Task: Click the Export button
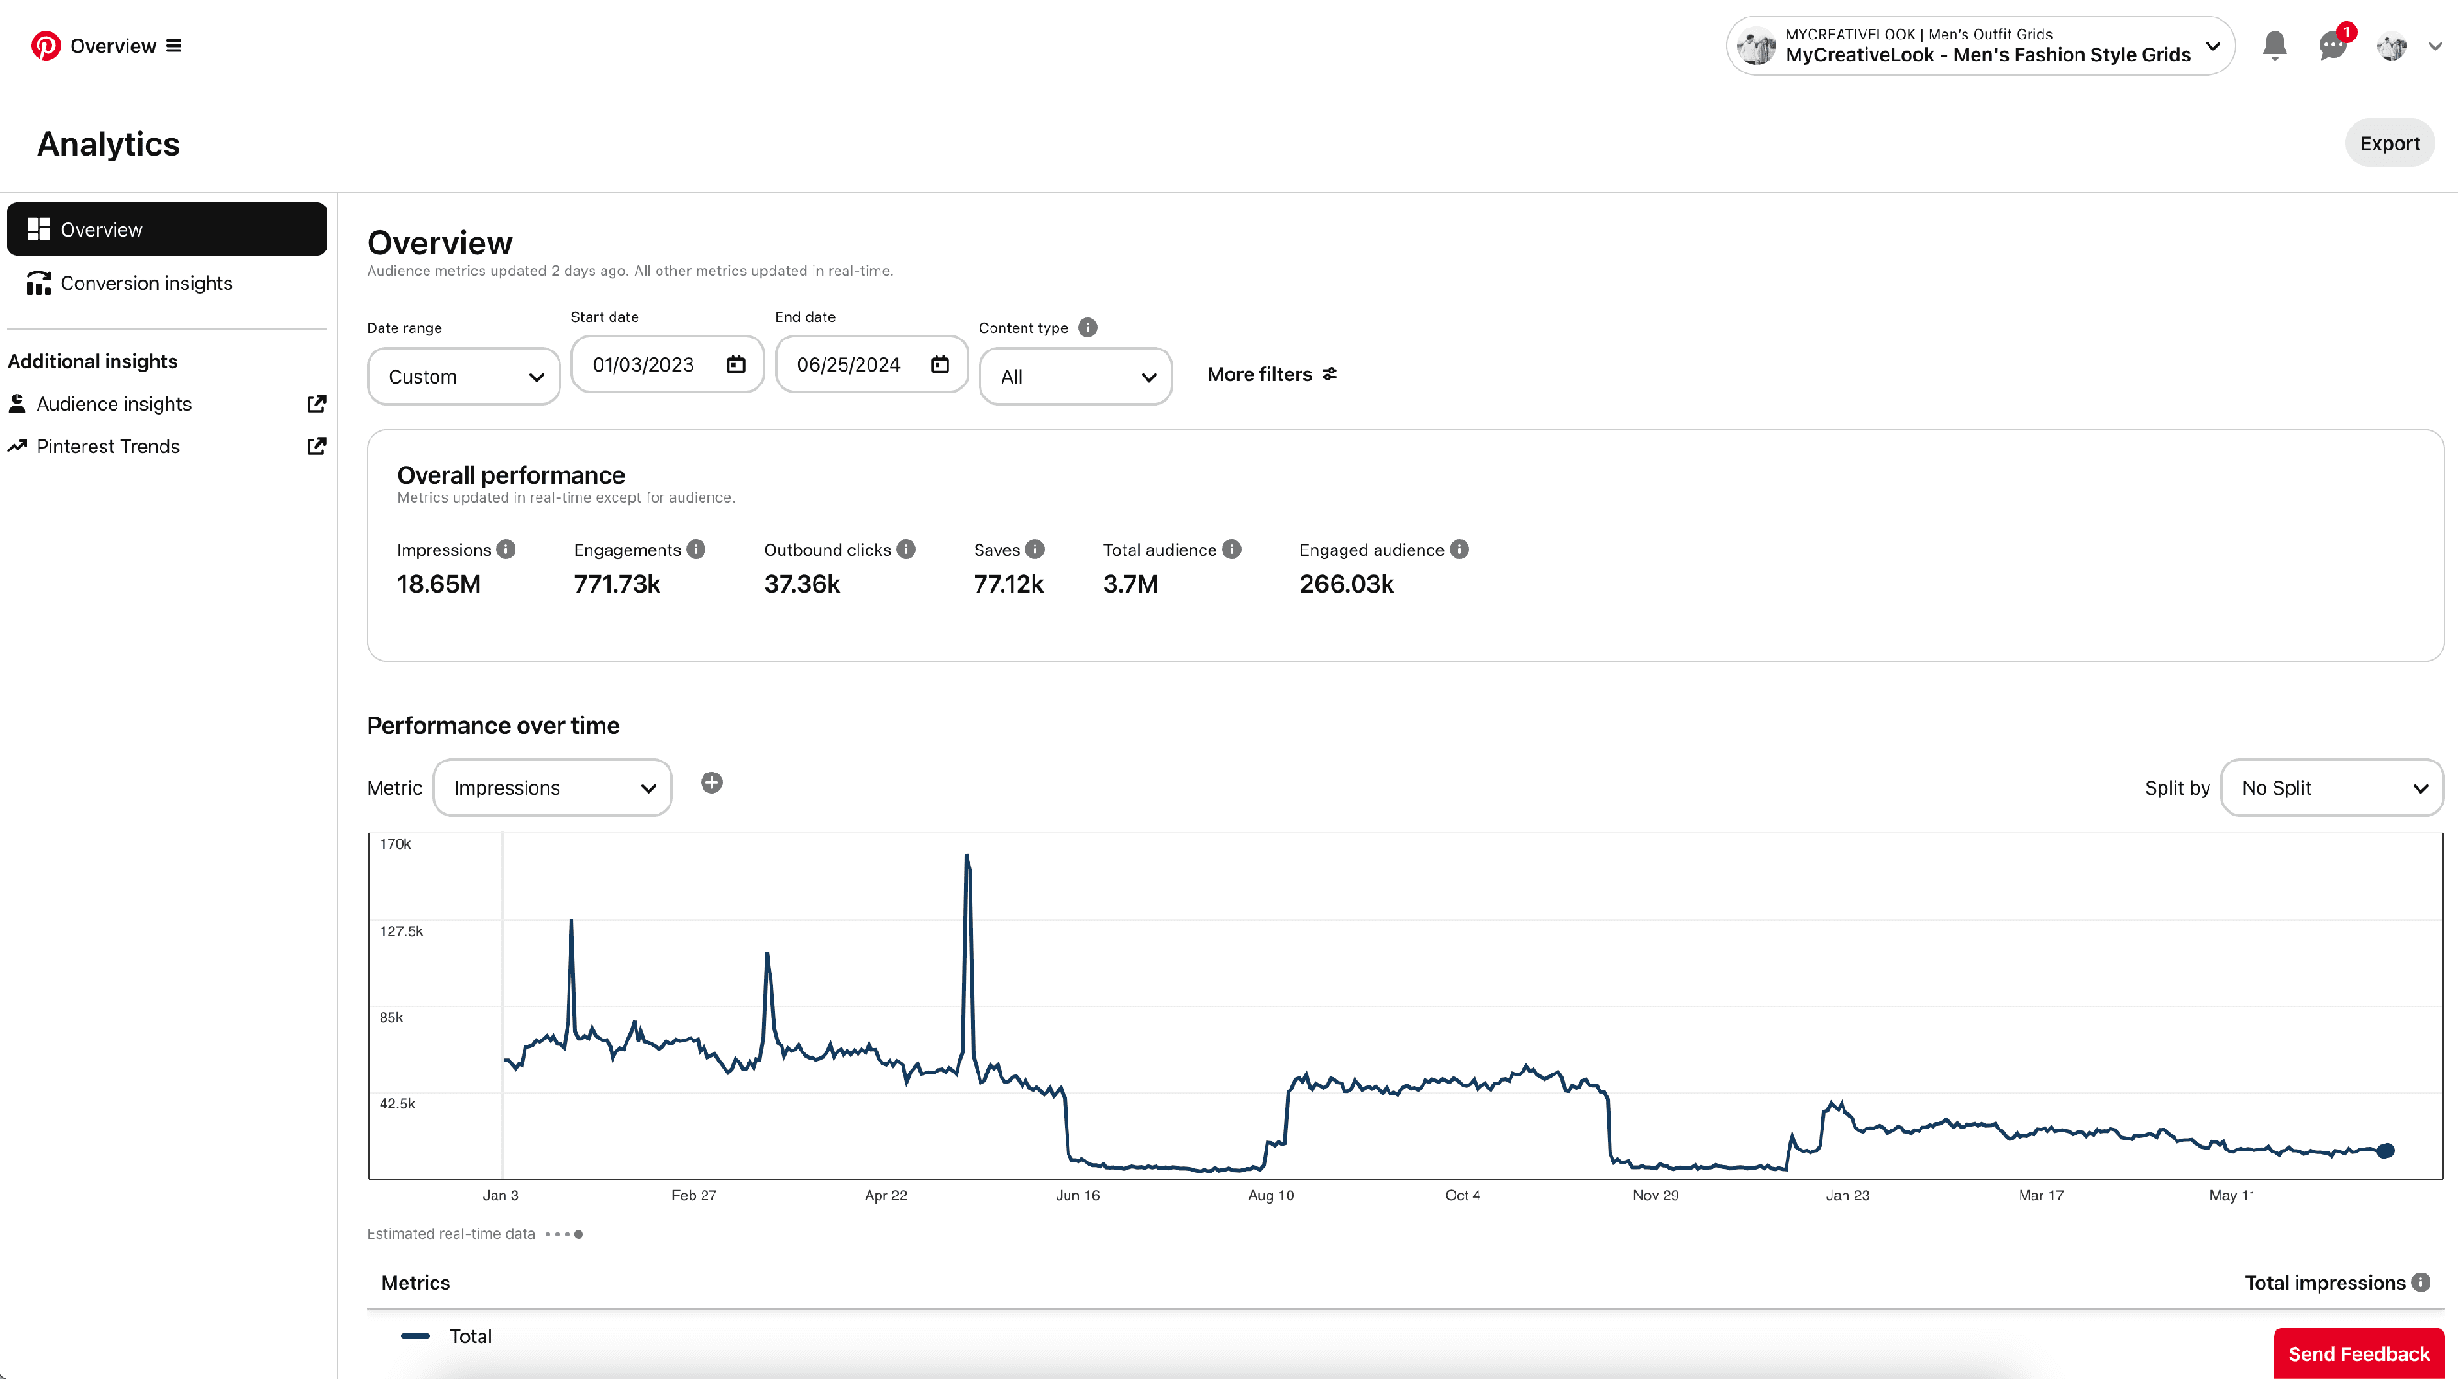2388,143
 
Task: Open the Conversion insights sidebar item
146,284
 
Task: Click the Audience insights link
114,404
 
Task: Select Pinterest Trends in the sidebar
108,447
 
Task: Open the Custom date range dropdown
464,377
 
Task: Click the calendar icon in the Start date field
736,364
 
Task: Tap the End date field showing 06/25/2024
848,364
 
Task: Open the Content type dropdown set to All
1075,377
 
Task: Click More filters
1271,374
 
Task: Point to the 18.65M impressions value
438,584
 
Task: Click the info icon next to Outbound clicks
906,550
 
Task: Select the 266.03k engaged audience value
1345,584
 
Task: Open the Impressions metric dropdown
552,788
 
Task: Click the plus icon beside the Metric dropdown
712,784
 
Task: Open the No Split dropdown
2331,788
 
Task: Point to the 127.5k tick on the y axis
401,931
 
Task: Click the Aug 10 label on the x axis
1271,1196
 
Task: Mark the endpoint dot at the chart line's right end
2386,1151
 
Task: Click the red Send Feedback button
2358,1354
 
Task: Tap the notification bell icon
2275,45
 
